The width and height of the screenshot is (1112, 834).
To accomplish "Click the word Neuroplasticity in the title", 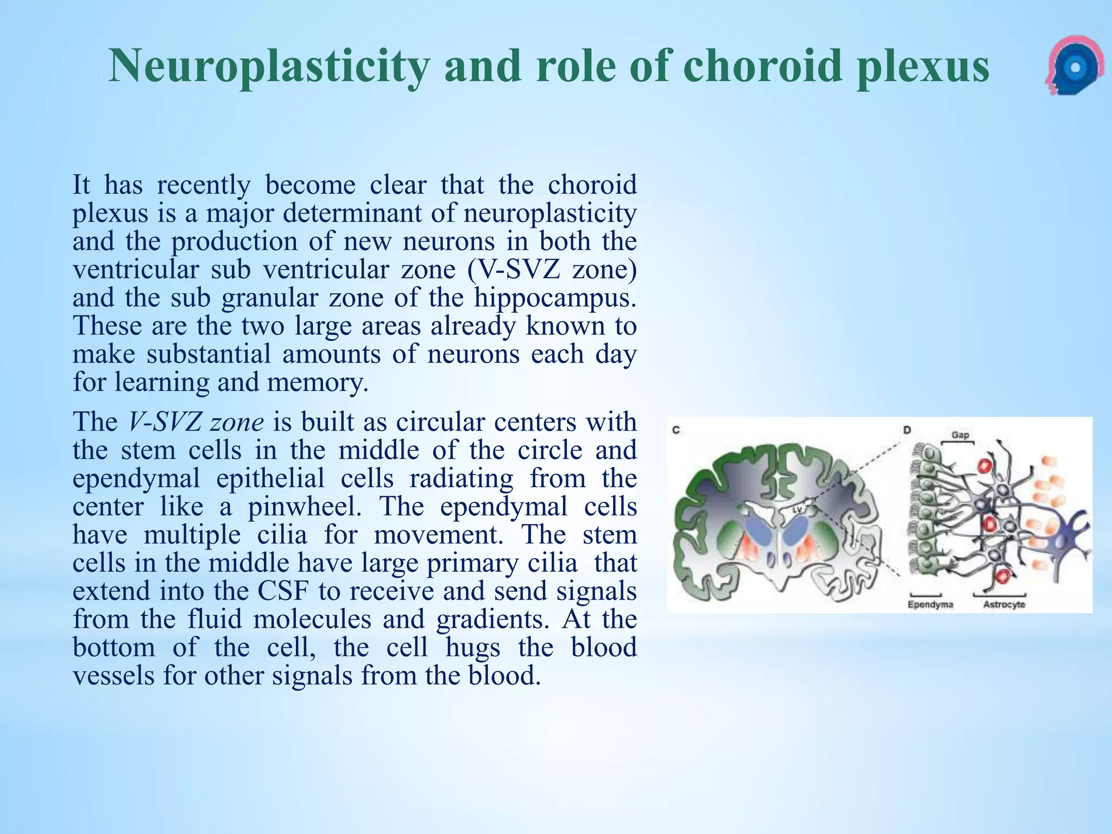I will click(269, 66).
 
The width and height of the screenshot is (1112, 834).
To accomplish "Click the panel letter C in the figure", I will click(677, 430).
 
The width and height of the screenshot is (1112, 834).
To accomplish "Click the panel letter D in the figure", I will click(906, 430).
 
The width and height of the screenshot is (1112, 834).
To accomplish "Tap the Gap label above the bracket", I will click(960, 435).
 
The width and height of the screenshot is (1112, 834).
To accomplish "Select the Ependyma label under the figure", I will click(930, 604).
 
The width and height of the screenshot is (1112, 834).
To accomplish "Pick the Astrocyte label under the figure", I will click(1004, 604).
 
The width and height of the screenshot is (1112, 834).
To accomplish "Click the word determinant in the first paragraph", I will click(353, 213).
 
